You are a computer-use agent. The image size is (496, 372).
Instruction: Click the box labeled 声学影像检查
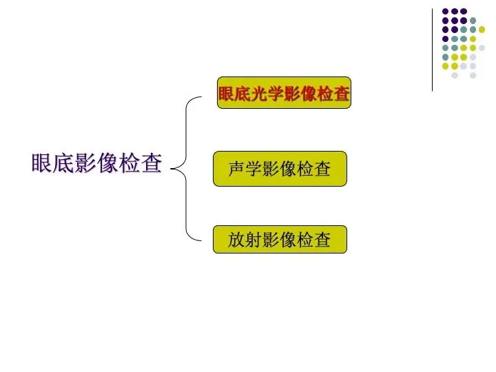[280, 169]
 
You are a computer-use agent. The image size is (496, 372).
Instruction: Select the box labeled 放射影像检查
[280, 239]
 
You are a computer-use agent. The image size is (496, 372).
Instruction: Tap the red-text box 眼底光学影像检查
[285, 94]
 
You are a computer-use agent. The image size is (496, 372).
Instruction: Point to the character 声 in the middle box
[237, 169]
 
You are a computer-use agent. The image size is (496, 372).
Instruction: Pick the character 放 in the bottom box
[237, 240]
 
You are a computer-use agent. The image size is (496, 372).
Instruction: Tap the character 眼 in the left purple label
[41, 164]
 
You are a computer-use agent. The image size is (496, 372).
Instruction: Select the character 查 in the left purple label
[152, 164]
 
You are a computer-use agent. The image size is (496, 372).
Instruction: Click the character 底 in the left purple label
[63, 164]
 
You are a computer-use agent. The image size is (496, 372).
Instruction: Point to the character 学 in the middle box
[254, 169]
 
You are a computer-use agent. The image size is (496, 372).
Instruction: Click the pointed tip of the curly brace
[170, 166]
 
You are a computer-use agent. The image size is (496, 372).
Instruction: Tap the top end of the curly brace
[203, 97]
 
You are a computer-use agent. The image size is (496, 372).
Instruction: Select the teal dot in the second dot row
[473, 21]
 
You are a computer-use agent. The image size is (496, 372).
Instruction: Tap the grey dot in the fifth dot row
[482, 48]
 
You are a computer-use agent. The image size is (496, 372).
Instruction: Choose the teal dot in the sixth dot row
[446, 57]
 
